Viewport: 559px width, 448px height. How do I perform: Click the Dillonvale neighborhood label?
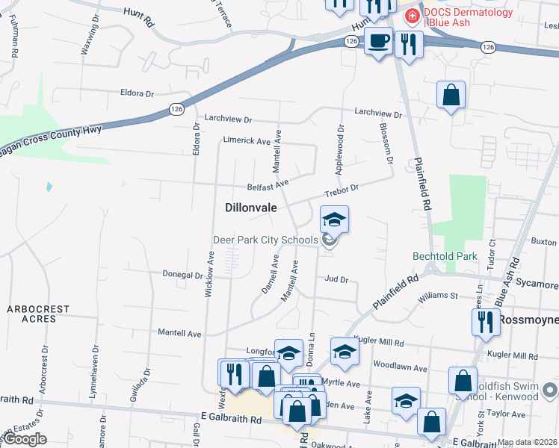252,209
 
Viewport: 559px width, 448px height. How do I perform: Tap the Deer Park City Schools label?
265,240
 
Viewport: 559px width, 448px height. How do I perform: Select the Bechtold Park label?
445,256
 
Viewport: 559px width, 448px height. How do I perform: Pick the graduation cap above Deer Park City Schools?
334,220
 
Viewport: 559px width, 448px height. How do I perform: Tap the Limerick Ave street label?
246,141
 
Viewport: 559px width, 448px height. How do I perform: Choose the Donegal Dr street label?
183,275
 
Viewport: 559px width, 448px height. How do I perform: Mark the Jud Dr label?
337,279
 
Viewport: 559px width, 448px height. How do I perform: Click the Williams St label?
438,296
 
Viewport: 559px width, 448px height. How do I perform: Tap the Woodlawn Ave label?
400,368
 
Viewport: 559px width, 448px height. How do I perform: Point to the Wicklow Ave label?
211,274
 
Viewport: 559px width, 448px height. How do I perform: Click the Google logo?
25,439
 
